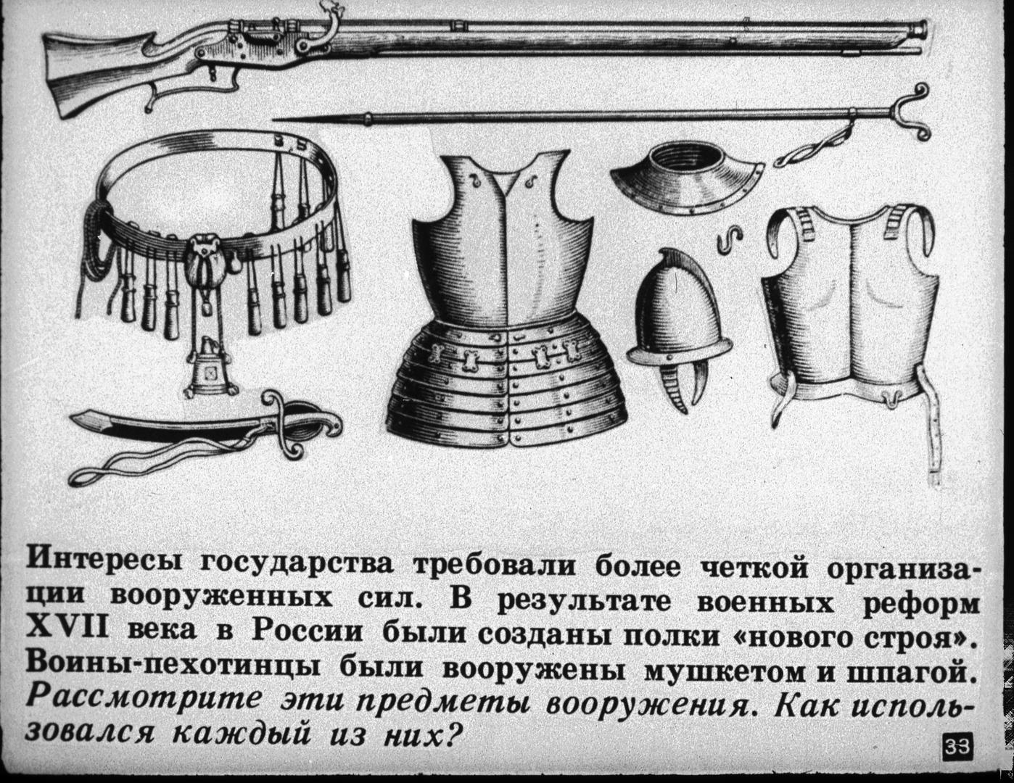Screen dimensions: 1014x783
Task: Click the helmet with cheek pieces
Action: (679, 326)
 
